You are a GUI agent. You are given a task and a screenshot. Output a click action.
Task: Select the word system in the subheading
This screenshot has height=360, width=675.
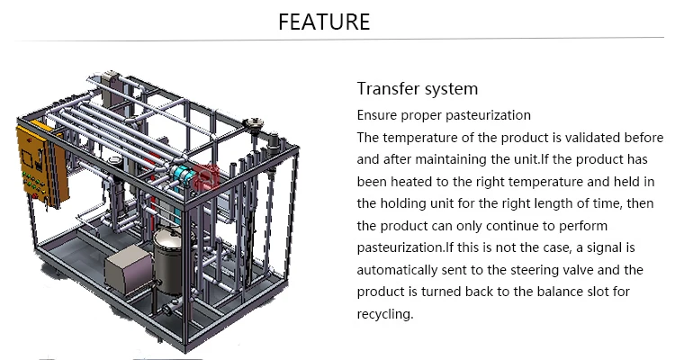tap(450, 89)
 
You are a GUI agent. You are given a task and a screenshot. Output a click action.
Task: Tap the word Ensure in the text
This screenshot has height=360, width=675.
tap(377, 115)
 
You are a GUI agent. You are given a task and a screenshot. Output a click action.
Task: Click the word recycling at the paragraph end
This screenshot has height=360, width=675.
tap(384, 314)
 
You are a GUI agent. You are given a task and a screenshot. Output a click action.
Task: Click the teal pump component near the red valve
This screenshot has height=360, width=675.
tap(184, 176)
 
